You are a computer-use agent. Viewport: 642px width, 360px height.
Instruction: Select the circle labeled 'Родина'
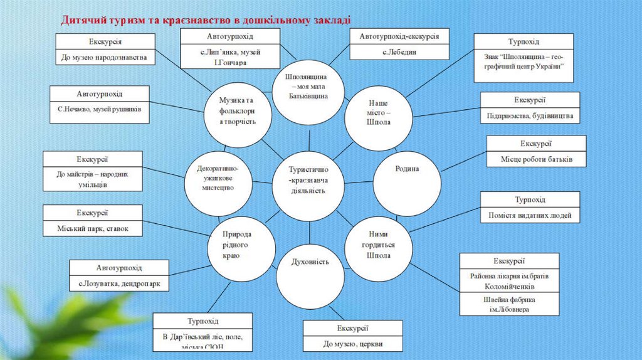[407, 169]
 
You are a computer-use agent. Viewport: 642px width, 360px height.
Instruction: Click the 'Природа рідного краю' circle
[241, 245]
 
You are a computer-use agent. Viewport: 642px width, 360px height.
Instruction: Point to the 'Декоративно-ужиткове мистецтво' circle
[216, 177]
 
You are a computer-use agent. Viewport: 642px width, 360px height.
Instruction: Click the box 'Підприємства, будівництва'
[530, 116]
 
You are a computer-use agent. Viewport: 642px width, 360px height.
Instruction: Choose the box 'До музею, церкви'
[353, 344]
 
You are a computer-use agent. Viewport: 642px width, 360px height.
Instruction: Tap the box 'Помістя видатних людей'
[530, 216]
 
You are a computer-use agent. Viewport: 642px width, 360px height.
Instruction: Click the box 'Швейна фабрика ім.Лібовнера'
[509, 305]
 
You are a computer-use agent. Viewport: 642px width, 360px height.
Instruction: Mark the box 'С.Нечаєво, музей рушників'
[100, 109]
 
